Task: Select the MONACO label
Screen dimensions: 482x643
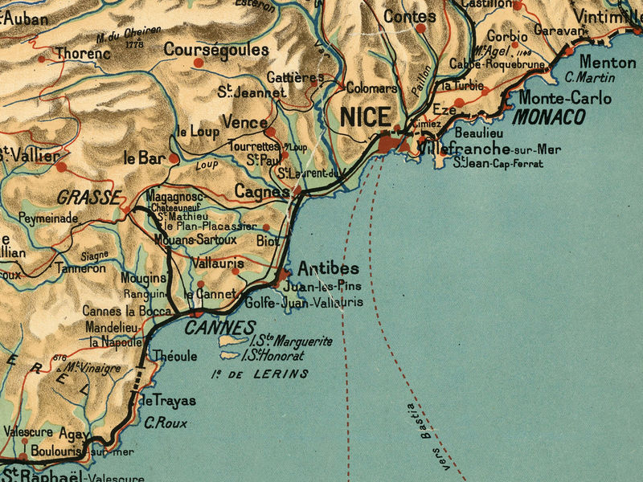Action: tap(549, 117)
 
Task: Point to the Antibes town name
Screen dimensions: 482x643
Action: tap(329, 268)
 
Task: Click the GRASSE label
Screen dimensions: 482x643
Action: tap(88, 196)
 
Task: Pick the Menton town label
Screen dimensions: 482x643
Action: tap(607, 62)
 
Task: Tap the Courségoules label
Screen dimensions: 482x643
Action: tap(216, 50)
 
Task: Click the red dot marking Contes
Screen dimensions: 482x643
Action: tap(420, 28)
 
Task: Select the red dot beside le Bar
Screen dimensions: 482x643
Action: tap(174, 159)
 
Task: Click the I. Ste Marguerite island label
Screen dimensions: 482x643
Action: tap(285, 341)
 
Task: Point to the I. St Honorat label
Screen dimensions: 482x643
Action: tap(273, 355)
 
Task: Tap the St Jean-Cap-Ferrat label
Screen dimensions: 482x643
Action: tap(498, 164)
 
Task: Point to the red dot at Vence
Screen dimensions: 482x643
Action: tap(271, 131)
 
